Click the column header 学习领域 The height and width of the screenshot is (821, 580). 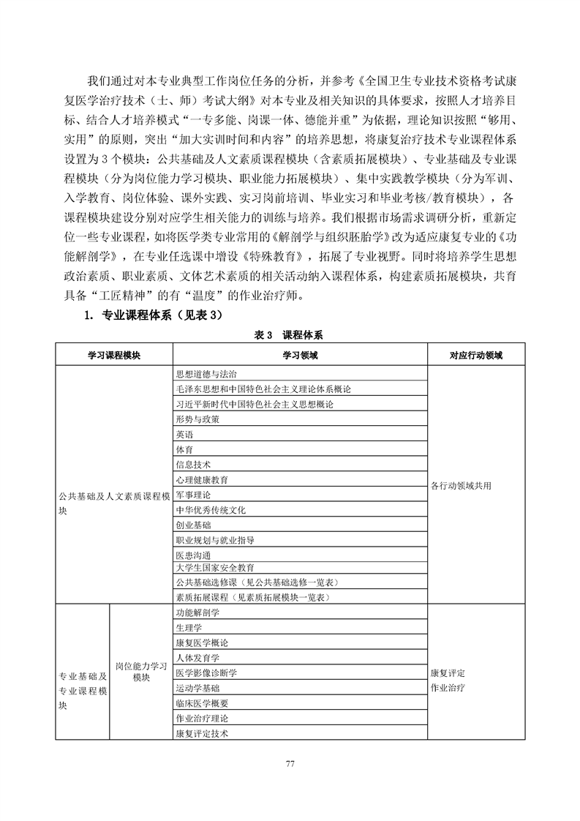click(x=300, y=355)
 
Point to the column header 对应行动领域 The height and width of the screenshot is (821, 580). click(x=476, y=355)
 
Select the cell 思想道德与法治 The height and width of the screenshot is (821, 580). click(x=201, y=373)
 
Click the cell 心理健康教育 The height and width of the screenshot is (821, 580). click(x=201, y=480)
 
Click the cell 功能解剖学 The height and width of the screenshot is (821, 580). click(x=197, y=612)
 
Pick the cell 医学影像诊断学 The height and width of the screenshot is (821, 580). click(x=206, y=672)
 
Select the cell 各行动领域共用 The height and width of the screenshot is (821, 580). click(x=461, y=486)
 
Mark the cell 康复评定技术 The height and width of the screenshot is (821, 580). click(x=201, y=732)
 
